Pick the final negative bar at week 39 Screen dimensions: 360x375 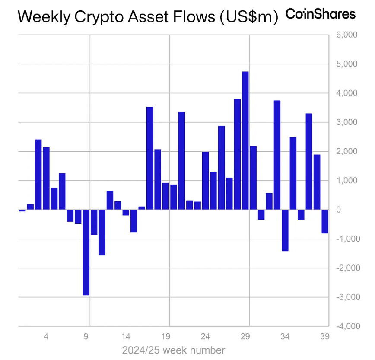tap(325, 221)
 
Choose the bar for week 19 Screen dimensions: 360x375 tap(165, 196)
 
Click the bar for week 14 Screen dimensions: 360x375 tap(126, 212)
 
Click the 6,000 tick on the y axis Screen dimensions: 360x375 tap(346, 35)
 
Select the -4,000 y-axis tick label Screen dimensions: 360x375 tap(346, 326)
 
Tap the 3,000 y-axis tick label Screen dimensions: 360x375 tap(346, 122)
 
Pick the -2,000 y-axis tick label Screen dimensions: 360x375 tap(346, 268)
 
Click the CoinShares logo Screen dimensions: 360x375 tap(321, 14)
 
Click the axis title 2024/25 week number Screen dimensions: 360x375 tap(173, 350)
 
